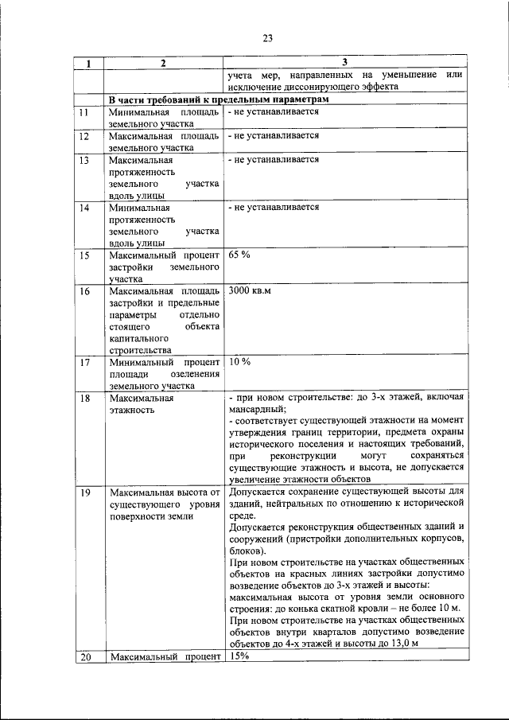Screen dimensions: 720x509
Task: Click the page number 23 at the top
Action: click(267, 37)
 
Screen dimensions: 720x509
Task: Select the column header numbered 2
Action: click(162, 63)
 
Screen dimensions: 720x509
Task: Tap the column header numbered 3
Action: click(344, 62)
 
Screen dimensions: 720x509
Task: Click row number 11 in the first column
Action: click(83, 112)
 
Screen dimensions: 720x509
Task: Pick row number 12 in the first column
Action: click(83, 136)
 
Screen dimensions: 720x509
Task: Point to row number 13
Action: click(83, 160)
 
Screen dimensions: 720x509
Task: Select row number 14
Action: click(83, 208)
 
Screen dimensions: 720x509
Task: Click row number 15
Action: click(84, 255)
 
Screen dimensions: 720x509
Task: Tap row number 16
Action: click(84, 291)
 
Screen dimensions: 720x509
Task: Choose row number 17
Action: click(84, 363)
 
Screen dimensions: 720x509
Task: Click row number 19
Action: click(84, 492)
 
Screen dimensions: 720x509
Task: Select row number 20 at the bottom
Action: click(84, 656)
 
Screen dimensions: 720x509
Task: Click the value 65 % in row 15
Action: click(239, 255)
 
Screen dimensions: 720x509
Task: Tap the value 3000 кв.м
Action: click(250, 291)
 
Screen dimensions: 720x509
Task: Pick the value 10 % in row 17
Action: click(239, 362)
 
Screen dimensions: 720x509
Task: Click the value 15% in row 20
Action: click(239, 656)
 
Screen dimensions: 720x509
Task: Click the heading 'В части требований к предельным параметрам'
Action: click(218, 99)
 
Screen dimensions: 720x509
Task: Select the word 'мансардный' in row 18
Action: click(254, 407)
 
